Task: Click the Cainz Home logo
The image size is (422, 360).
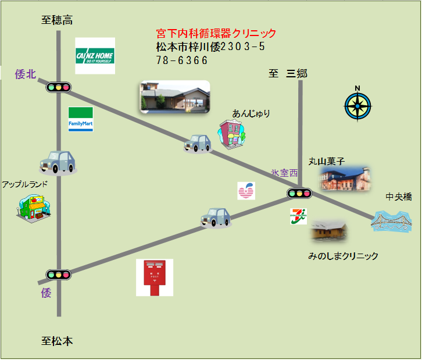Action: coord(95,56)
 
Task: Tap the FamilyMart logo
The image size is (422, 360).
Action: coord(81,119)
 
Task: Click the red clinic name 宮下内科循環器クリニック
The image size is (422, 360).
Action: coord(216,34)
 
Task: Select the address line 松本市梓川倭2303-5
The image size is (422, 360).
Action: coord(210,47)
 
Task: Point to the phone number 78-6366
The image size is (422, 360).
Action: coord(182,60)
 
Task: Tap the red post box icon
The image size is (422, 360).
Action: coord(154,277)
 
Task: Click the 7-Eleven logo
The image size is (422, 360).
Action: coord(299,216)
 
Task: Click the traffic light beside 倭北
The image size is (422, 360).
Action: coord(58,87)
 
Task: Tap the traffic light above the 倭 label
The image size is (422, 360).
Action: coord(58,274)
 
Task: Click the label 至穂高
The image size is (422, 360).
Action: coord(57,20)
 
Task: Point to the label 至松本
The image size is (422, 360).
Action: coord(57,341)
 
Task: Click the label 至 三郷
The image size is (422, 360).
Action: coord(288,74)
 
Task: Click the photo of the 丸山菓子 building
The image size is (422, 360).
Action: coord(345,179)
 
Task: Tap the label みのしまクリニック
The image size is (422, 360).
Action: coord(343,256)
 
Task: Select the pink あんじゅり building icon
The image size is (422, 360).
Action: coord(232,134)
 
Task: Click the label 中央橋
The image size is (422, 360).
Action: coord(399,197)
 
